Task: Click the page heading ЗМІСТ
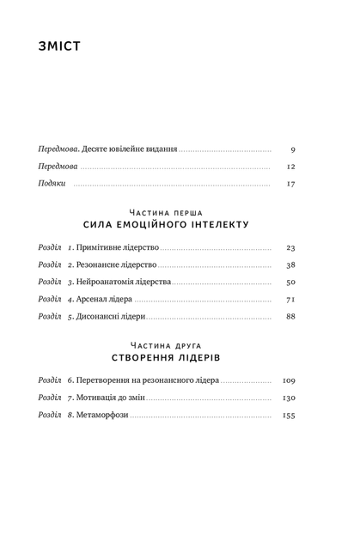[x=59, y=46]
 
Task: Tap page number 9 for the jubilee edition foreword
[x=293, y=149]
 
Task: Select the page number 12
[x=290, y=167]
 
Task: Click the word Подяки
[x=52, y=183]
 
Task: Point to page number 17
[x=290, y=184]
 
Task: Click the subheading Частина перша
[x=166, y=213]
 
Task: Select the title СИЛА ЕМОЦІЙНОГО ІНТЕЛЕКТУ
[x=166, y=225]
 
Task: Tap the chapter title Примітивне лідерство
[x=118, y=247]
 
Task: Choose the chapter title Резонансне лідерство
[x=116, y=264]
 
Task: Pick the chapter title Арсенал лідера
[x=104, y=299]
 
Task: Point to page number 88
[x=290, y=316]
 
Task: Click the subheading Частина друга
[x=166, y=346]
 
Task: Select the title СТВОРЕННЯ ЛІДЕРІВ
[x=166, y=357]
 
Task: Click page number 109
[x=289, y=380]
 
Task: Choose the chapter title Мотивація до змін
[x=111, y=398]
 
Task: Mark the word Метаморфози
[x=102, y=415]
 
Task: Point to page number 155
[x=289, y=416]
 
